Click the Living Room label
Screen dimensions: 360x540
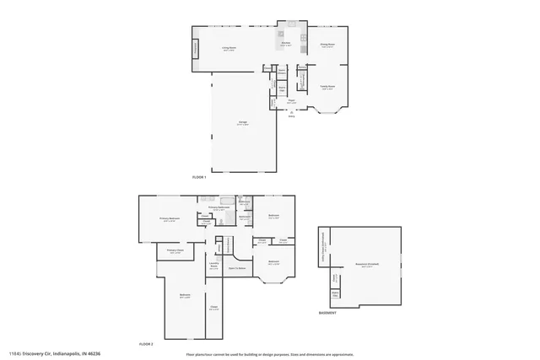(x=228, y=48)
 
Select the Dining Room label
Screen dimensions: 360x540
(x=327, y=45)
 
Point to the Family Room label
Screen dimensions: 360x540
(x=327, y=87)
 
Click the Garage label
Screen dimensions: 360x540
(x=242, y=123)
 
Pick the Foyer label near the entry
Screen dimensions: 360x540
(x=290, y=100)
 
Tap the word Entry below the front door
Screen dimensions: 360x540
(x=292, y=117)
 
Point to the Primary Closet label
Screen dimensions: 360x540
(x=175, y=250)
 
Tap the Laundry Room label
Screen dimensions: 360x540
(x=213, y=266)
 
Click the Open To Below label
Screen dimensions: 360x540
(x=237, y=268)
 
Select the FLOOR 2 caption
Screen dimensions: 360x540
(x=146, y=345)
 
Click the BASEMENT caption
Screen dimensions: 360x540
(x=327, y=313)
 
